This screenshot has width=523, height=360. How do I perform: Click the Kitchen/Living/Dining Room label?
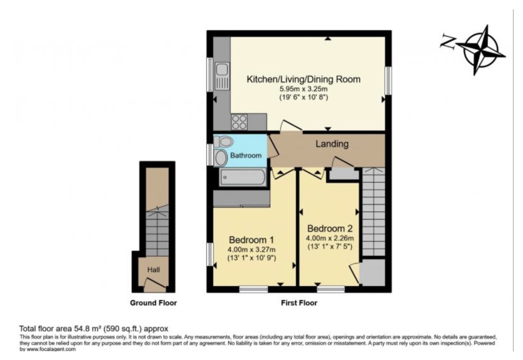[x=303, y=79]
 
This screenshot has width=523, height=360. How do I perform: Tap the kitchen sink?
[x=222, y=76]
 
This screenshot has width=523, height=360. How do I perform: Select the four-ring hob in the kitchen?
[x=240, y=122]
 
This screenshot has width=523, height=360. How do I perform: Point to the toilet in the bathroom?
[x=223, y=142]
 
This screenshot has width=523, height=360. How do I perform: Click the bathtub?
[x=243, y=177]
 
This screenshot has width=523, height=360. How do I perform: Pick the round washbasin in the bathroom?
[x=221, y=158]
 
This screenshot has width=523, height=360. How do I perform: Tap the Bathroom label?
[x=246, y=155]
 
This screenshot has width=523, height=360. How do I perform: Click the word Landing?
[x=332, y=144]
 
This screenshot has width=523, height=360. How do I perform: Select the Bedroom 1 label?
[x=252, y=240]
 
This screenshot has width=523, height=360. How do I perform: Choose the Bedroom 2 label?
[x=330, y=229]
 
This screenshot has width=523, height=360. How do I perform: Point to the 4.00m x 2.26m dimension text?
[x=330, y=238]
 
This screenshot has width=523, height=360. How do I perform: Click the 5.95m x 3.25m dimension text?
[x=303, y=89]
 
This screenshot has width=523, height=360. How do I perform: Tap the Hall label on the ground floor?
[x=153, y=269]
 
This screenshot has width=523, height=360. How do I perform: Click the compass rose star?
[x=481, y=50]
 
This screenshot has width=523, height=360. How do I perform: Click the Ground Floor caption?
[x=153, y=303]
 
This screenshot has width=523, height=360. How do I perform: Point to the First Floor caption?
[x=299, y=303]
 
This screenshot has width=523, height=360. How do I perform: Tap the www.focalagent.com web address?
[x=51, y=349]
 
